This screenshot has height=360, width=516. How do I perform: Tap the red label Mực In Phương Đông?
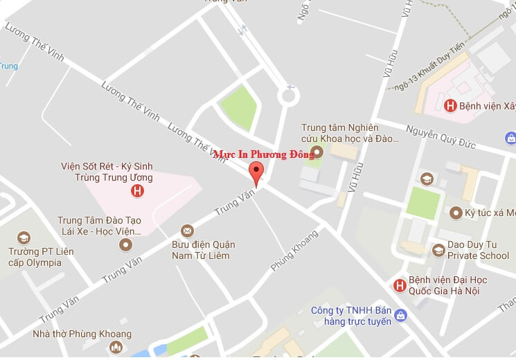pos(264,154)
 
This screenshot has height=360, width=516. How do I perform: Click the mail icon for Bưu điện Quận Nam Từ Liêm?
pos(186,230)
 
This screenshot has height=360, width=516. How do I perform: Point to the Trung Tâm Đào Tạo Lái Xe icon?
pos(125,244)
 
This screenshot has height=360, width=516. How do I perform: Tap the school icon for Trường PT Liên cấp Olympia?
pos(24,237)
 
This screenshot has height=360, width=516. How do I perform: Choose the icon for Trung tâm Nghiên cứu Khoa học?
pos(318,152)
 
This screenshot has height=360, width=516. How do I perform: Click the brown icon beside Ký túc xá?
pos(456,213)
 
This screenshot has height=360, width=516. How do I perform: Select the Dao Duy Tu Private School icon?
pos(438,250)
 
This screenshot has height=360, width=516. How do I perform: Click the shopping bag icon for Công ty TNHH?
pos(401,317)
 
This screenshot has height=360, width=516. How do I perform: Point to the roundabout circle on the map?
pos(289,95)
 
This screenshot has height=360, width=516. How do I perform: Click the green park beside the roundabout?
pos(239,107)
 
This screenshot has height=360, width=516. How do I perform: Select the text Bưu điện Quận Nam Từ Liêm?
pos(204,250)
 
